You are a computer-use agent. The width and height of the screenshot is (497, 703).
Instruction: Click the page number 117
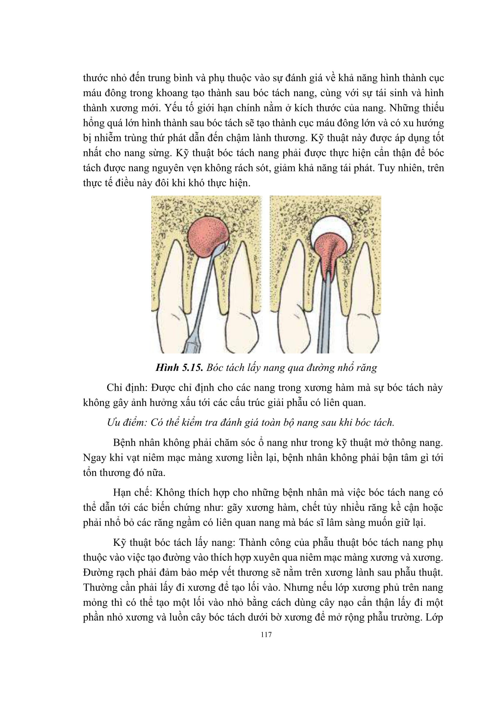point(266,635)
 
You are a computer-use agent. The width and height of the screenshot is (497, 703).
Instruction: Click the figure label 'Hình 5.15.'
point(179,367)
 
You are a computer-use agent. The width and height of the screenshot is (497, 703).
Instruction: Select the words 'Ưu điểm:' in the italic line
point(127,423)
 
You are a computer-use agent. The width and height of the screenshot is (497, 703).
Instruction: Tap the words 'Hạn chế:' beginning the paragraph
point(132,493)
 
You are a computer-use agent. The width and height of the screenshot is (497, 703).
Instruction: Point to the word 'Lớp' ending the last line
point(434,617)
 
